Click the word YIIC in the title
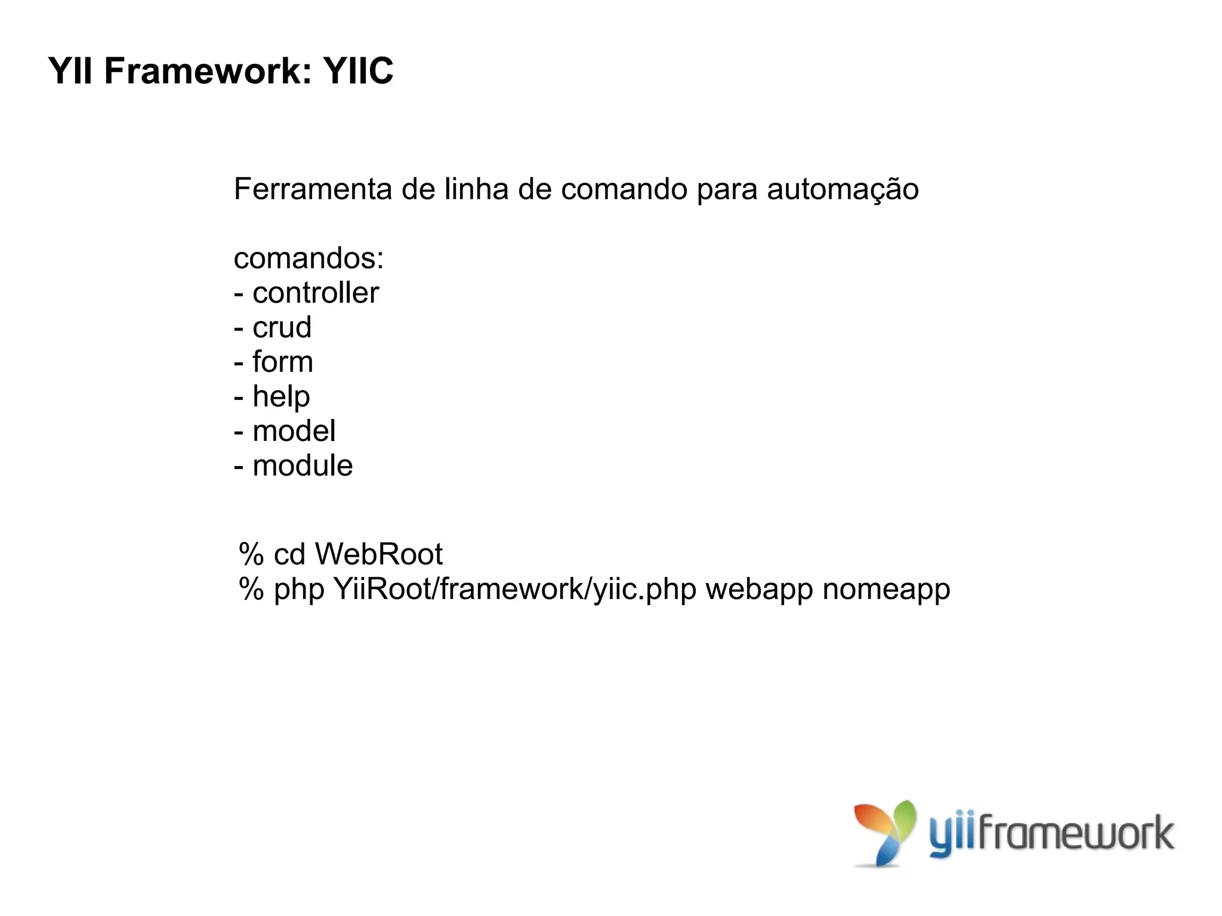pyautogui.click(x=358, y=72)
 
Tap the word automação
pyautogui.click(x=843, y=189)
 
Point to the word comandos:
pyautogui.click(x=308, y=259)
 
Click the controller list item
pyautogui.click(x=315, y=293)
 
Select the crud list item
pyautogui.click(x=282, y=328)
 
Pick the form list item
pyautogui.click(x=282, y=362)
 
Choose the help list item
pyautogui.click(x=281, y=397)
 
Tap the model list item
pyautogui.click(x=294, y=431)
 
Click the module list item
pyautogui.click(x=303, y=465)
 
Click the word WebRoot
pyautogui.click(x=379, y=554)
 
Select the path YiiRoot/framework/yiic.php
pyautogui.click(x=515, y=589)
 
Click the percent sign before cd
pyautogui.click(x=251, y=554)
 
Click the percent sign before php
pyautogui.click(x=251, y=589)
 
